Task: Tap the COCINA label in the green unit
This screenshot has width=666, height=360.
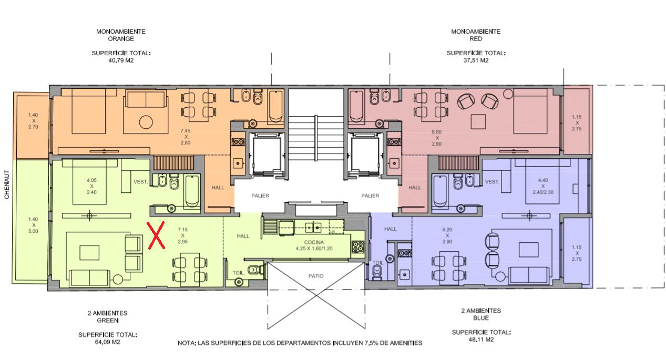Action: (x=314, y=242)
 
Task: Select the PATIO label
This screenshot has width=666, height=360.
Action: (x=316, y=276)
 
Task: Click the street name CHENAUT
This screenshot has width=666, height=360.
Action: (x=6, y=184)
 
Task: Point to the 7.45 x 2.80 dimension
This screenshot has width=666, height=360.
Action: (x=186, y=137)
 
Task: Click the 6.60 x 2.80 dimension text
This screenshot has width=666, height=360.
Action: (x=437, y=138)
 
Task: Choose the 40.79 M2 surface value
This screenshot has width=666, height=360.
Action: (x=121, y=60)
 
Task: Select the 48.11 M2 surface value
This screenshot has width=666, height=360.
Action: (x=481, y=340)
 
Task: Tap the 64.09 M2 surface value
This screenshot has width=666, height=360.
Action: (x=107, y=342)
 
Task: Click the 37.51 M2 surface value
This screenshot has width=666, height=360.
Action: (x=476, y=60)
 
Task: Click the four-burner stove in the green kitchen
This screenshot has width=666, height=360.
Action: (x=357, y=246)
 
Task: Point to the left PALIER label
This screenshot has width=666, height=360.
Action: (x=260, y=196)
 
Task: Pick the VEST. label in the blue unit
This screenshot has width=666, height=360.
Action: (x=492, y=182)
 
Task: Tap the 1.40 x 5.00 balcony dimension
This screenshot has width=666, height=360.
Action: (x=33, y=225)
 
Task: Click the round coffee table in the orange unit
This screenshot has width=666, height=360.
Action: (x=146, y=122)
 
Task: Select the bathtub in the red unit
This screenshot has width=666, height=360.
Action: (x=356, y=107)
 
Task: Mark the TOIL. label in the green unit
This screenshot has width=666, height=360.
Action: (x=238, y=273)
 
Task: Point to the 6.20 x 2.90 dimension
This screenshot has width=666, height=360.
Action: (x=447, y=235)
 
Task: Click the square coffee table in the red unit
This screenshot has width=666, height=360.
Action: (x=478, y=121)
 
